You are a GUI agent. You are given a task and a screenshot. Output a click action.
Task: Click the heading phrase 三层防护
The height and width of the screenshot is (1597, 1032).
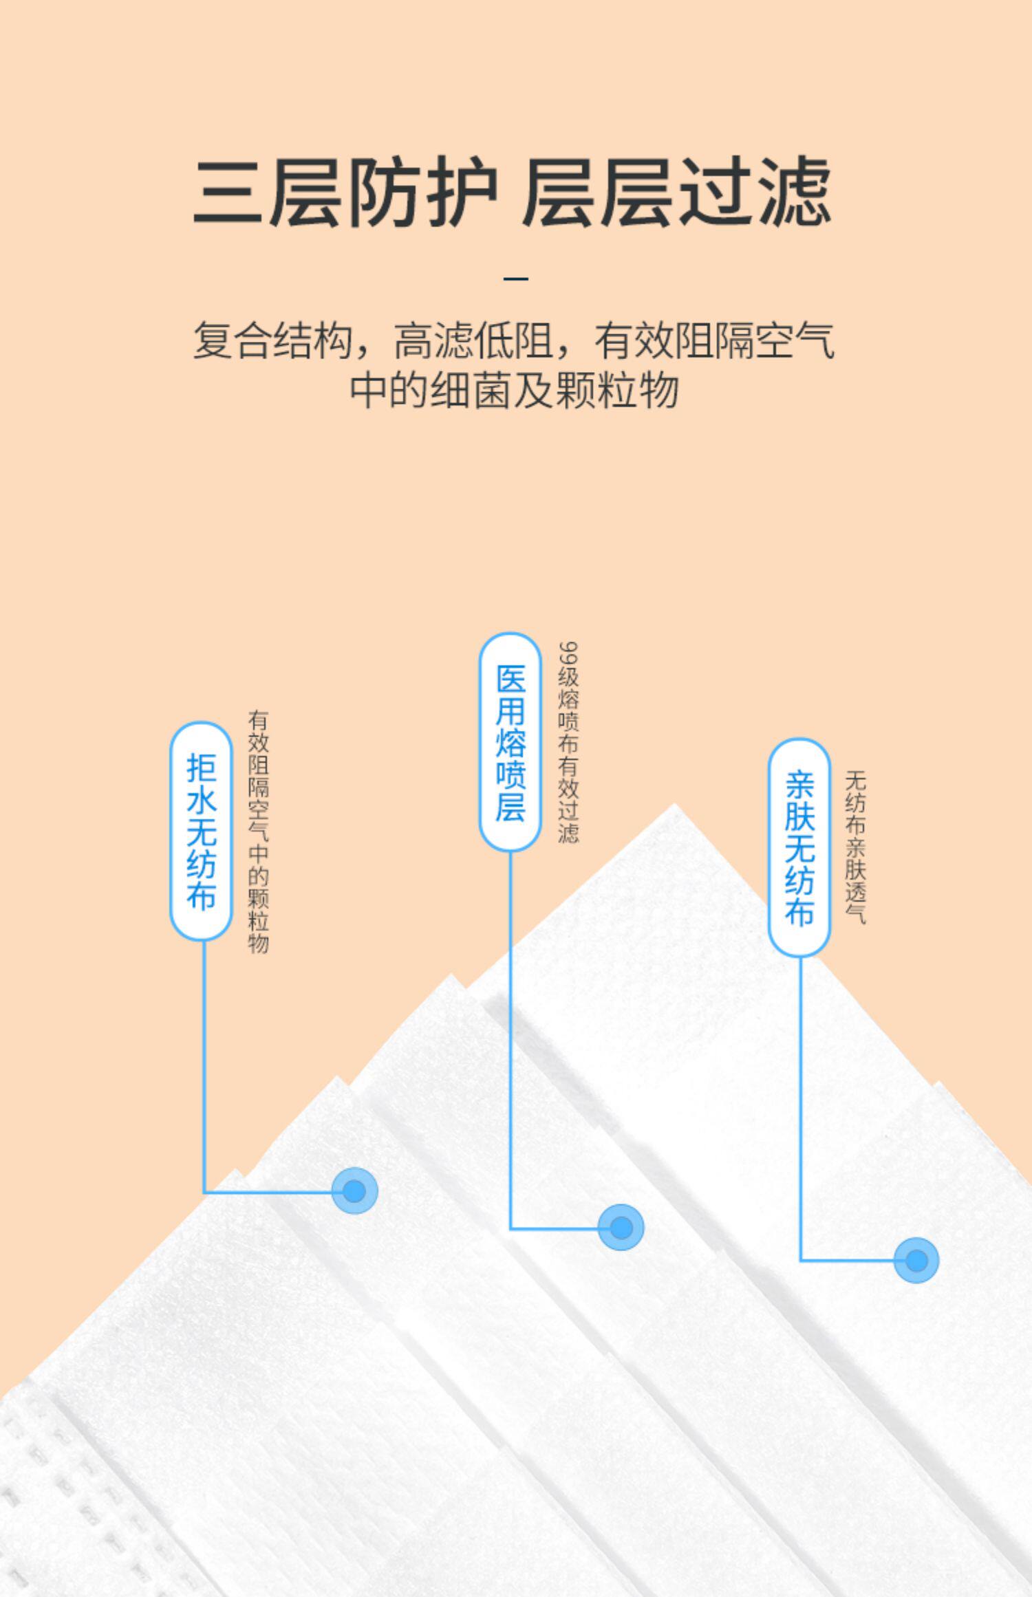coord(344,192)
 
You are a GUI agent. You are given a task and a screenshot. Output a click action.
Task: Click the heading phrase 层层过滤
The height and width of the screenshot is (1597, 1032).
coord(677,192)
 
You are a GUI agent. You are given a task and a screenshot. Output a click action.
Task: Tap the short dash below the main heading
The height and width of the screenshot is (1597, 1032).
coord(516,279)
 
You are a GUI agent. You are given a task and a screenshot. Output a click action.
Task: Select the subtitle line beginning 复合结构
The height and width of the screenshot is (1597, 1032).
coord(514,340)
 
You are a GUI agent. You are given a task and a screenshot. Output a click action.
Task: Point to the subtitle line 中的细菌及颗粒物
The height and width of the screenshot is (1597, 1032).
coord(514,391)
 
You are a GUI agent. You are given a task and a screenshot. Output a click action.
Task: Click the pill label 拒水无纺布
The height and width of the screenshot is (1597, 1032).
coord(201,831)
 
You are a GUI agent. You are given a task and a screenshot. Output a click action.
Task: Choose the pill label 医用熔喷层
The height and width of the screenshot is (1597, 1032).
coord(510,742)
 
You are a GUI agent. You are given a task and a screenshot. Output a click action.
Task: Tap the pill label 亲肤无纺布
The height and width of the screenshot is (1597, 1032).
coord(799,848)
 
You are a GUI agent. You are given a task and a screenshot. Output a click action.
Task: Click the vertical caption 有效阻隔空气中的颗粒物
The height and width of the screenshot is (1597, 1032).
coord(259,832)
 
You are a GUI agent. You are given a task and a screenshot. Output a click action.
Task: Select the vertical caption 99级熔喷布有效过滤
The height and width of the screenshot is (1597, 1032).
coord(568,743)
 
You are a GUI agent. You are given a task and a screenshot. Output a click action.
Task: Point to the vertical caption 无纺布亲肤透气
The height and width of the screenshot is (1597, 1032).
coord(855,847)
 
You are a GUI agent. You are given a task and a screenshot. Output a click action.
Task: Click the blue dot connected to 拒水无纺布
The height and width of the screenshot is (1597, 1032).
coord(354,1191)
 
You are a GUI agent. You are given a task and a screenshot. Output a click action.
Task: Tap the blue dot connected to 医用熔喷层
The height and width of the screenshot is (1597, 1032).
coord(621,1228)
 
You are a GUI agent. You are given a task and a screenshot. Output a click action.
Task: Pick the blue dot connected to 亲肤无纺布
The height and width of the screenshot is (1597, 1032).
coord(916,1261)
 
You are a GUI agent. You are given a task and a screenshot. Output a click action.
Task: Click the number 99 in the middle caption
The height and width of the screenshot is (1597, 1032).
coord(568,653)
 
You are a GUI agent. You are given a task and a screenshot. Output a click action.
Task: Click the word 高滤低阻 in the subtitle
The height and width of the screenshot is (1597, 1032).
coord(474,340)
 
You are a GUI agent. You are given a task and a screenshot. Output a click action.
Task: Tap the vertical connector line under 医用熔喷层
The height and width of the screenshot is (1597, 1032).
coord(510,1032)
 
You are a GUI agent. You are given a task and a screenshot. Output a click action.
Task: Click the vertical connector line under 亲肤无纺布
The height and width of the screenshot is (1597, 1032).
coord(801,1100)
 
